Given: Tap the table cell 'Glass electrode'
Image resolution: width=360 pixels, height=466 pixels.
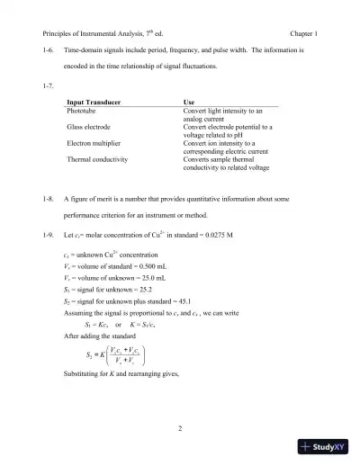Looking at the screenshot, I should (x=92, y=128).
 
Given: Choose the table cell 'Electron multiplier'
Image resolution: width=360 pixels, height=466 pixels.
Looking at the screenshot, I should (x=97, y=144).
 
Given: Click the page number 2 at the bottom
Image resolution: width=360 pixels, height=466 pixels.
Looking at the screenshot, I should (x=180, y=428).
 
